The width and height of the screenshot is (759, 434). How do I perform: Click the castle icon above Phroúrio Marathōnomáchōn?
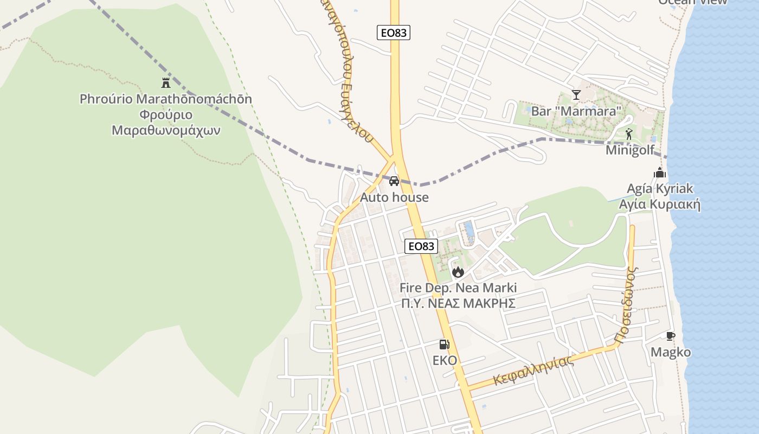point(166,83)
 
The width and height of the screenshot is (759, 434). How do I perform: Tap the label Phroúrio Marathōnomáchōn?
point(166,99)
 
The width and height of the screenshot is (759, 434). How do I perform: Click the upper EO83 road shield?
point(394,33)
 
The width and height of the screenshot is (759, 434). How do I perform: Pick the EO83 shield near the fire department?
point(421,246)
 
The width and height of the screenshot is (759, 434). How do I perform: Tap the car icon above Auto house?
point(394,181)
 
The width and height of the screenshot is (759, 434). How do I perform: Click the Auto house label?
point(394,197)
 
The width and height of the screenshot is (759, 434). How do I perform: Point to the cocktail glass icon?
point(576,95)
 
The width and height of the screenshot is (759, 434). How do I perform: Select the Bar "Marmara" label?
point(576,111)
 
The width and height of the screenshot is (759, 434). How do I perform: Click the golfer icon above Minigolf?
point(629,133)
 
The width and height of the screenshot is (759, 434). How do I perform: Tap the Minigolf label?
point(630,150)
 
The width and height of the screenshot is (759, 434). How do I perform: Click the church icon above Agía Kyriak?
point(660,173)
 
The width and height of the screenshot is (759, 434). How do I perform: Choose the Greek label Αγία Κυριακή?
point(660,205)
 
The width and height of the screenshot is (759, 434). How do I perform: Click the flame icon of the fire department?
point(458,271)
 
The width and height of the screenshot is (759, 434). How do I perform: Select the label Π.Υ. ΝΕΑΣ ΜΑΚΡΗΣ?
point(458,303)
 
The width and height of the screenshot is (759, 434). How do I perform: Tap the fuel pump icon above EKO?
point(444,344)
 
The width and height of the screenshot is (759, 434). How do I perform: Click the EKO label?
point(445,360)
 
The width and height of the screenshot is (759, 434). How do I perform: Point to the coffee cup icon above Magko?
point(671,336)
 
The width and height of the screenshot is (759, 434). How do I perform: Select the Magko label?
point(671,353)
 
